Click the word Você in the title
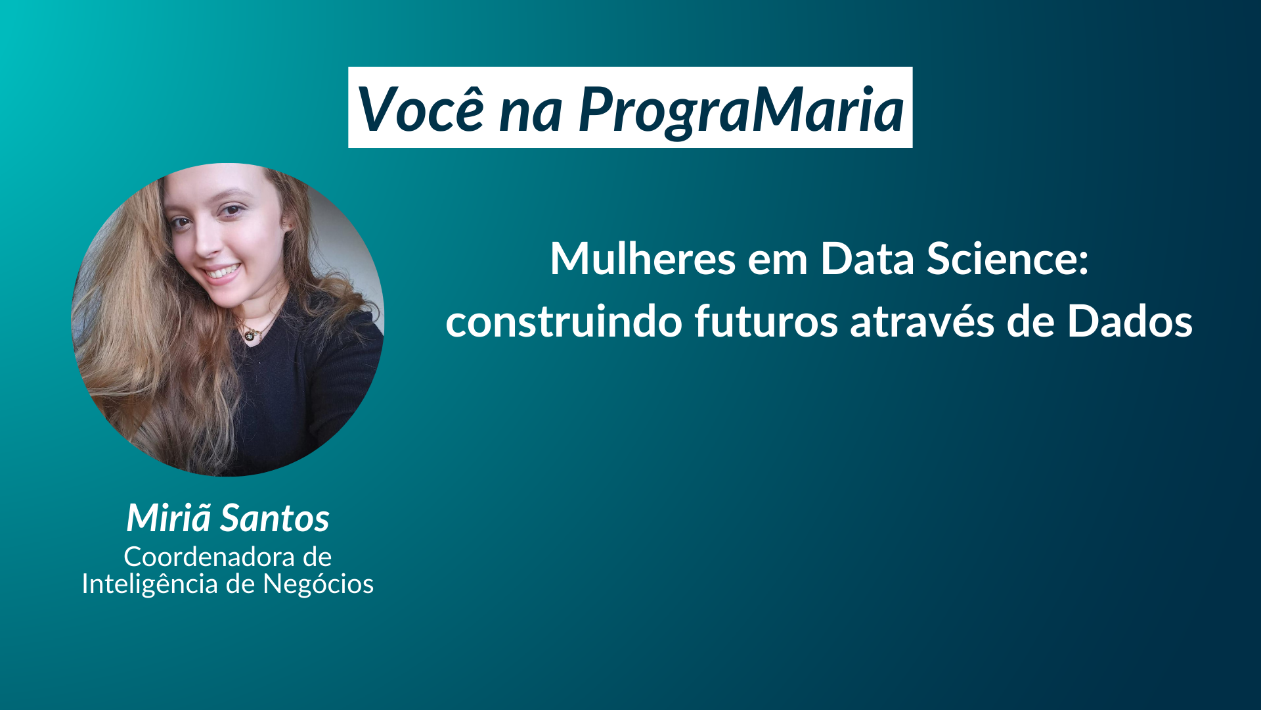[421, 109]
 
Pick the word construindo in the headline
[564, 321]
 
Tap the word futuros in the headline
[766, 321]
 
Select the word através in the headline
[922, 321]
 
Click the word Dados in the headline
[1130, 321]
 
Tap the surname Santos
[275, 519]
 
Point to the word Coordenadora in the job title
[210, 557]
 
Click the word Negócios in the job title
[318, 583]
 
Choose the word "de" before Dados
[1030, 321]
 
